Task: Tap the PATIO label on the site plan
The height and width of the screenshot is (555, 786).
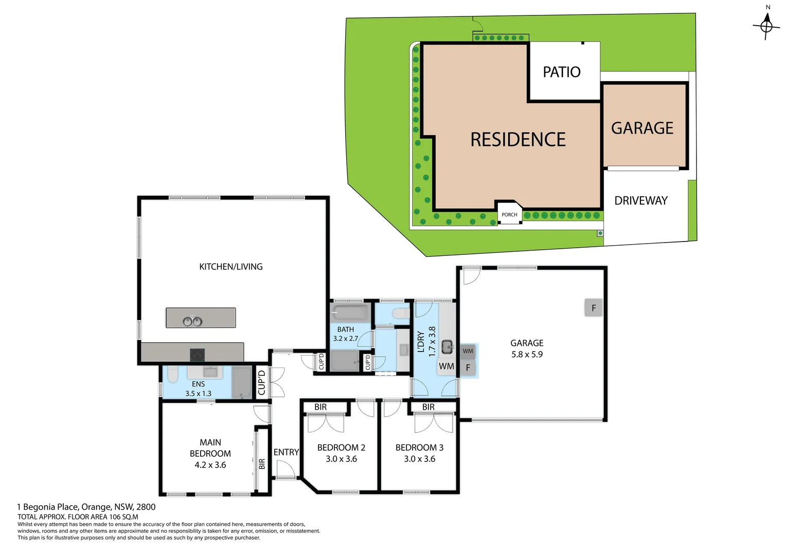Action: [x=562, y=72]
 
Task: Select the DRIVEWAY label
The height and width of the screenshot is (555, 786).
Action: [x=641, y=201]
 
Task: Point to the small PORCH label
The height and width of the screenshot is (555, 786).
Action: [x=509, y=215]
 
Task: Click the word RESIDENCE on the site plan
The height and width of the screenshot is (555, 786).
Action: [x=518, y=140]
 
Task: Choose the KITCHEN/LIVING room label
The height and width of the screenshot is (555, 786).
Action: [x=231, y=267]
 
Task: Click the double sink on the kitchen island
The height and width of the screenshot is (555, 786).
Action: [x=192, y=321]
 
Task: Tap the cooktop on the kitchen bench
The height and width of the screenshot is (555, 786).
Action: [x=197, y=355]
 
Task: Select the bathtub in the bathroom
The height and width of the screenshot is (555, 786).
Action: [x=350, y=312]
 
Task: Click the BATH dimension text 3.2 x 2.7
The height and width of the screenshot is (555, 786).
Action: [x=345, y=339]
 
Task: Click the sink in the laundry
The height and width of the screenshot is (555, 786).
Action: [x=447, y=347]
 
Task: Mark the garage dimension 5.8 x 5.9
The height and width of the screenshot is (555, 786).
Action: [x=527, y=355]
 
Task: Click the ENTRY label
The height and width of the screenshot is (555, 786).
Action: [x=286, y=452]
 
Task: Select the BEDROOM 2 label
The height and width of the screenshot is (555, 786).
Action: [x=341, y=448]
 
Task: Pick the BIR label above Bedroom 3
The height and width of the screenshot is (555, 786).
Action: [x=428, y=407]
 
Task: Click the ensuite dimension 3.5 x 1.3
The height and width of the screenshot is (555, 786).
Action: [x=198, y=394]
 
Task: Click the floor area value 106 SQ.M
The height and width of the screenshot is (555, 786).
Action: [x=123, y=517]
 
